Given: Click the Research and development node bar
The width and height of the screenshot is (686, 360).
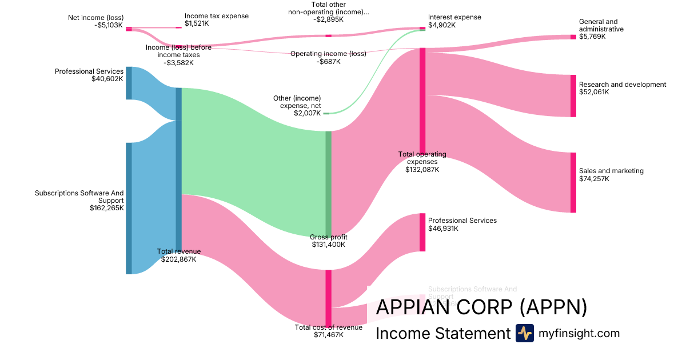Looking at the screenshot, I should pyautogui.click(x=573, y=95).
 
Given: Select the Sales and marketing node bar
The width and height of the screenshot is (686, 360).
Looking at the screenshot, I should pyautogui.click(x=573, y=182).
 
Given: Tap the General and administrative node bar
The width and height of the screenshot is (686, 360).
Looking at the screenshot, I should pyautogui.click(x=573, y=37).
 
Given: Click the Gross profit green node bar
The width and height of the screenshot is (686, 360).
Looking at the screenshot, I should pyautogui.click(x=328, y=183).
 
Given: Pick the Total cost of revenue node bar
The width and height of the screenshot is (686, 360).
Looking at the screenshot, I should pyautogui.click(x=328, y=297).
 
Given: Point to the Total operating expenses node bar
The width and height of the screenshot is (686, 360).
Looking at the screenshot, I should pyautogui.click(x=422, y=100).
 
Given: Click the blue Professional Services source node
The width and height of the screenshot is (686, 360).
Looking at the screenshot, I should pyautogui.click(x=129, y=83).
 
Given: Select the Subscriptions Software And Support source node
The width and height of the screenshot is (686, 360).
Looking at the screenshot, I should pyautogui.click(x=129, y=208).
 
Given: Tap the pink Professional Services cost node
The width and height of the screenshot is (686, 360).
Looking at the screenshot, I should pyautogui.click(x=422, y=232).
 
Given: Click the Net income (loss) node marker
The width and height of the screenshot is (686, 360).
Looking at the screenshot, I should pyautogui.click(x=129, y=29).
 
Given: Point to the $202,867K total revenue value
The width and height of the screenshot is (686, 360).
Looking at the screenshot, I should pyautogui.click(x=179, y=259).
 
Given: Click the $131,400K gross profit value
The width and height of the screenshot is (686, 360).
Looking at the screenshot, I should pyautogui.click(x=328, y=245).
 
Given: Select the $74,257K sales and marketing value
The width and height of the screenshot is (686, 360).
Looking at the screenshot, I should pyautogui.click(x=594, y=179).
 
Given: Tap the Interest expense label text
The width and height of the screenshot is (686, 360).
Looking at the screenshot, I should pyautogui.click(x=454, y=17).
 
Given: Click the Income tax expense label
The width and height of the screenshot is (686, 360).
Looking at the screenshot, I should pyautogui.click(x=217, y=16).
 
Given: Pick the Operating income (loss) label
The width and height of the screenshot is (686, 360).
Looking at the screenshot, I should pyautogui.click(x=328, y=54).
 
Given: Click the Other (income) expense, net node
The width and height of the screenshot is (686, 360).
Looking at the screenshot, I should pyautogui.click(x=326, y=113).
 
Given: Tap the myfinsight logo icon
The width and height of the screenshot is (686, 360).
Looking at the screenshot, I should pyautogui.click(x=524, y=333).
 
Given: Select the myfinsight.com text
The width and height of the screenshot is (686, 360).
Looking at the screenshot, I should pyautogui.click(x=579, y=333).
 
